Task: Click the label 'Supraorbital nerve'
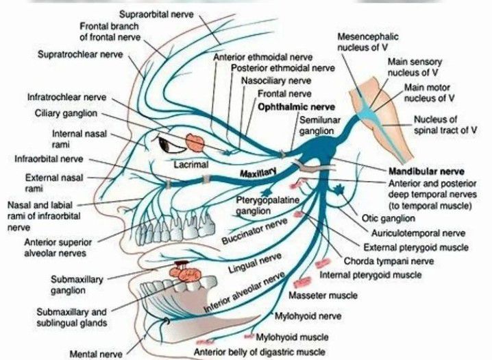click(x=156, y=14)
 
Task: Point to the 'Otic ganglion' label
click(x=388, y=219)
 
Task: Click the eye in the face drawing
click(x=168, y=144)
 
